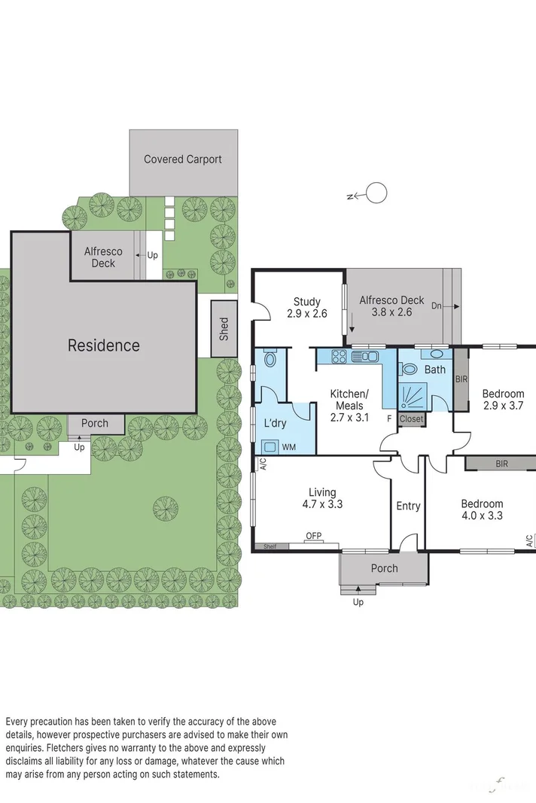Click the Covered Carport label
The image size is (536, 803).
coord(183,159)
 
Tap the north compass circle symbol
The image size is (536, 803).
coord(376,193)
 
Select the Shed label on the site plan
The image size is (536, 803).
coord(224,329)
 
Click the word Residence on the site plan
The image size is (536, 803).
coord(104,345)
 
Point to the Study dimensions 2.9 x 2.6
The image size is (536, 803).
coord(307,314)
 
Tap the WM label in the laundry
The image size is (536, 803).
coord(288,447)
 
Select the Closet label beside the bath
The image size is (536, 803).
coord(411,419)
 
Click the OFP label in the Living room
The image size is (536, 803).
coord(313,536)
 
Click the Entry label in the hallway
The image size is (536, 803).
coord(408,506)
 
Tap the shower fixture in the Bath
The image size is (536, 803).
coord(411,395)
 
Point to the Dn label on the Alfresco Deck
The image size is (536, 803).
coord(437,306)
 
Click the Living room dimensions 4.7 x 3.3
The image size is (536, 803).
coord(321,504)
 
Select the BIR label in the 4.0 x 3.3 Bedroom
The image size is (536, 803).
coord(501,464)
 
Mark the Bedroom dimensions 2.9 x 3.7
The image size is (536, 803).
coord(503,405)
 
